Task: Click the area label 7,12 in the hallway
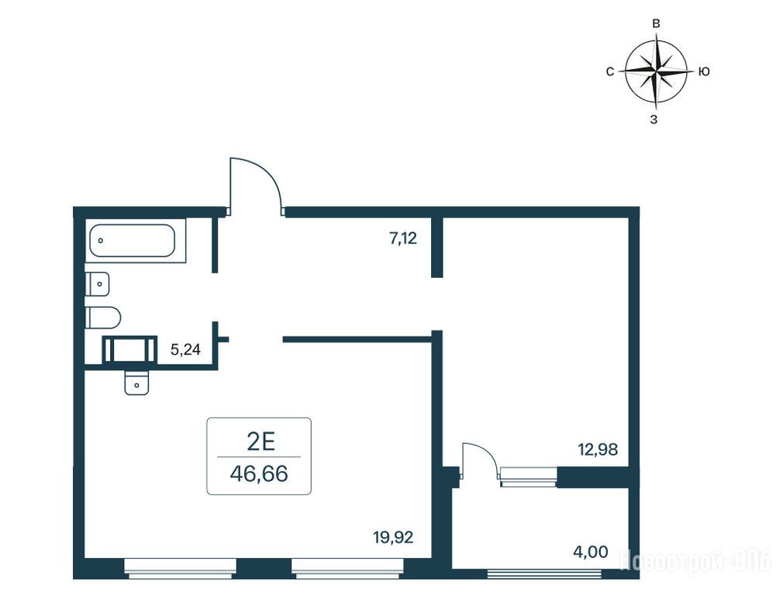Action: (403, 238)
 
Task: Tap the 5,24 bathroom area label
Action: (185, 349)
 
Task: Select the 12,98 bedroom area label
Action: (598, 449)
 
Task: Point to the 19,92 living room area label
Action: (393, 537)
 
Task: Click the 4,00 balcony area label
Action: (591, 552)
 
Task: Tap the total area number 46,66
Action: (259, 473)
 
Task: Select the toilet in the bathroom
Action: (102, 317)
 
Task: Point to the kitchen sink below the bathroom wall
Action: (136, 383)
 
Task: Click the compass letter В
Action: (657, 23)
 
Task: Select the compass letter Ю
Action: (704, 71)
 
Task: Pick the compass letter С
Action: (609, 72)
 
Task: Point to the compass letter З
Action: (654, 120)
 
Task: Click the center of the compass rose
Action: (657, 71)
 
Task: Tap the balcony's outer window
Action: (544, 573)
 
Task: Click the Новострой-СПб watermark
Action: (695, 560)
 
